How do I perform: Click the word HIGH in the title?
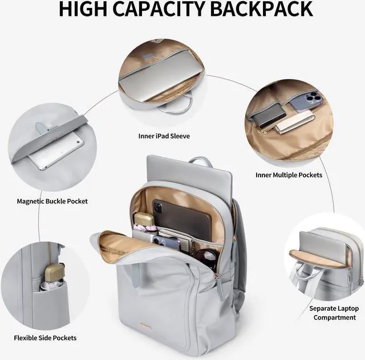point(86,10)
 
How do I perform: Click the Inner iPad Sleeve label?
point(164,136)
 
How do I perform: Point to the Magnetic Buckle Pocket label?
point(52,201)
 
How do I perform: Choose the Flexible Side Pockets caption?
point(46,338)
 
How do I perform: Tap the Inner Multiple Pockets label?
point(289,175)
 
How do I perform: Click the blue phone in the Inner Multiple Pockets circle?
point(306,101)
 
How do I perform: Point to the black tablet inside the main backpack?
point(182,216)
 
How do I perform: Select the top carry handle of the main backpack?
point(200,161)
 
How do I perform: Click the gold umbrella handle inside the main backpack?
point(143,219)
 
